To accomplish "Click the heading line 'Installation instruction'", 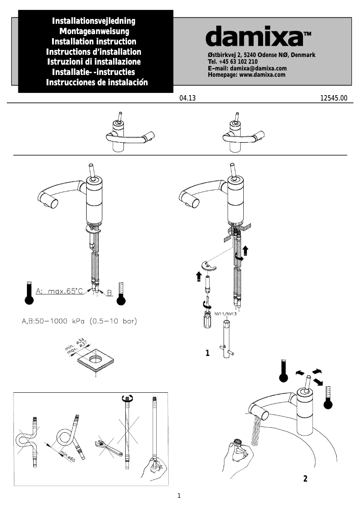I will click(x=94, y=41).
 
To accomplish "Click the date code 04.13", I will click(x=188, y=98).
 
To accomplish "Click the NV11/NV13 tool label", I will click(x=225, y=314).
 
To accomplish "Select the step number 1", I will click(x=207, y=353).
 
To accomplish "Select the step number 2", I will click(x=305, y=478).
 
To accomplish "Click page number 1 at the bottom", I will click(x=179, y=496).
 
